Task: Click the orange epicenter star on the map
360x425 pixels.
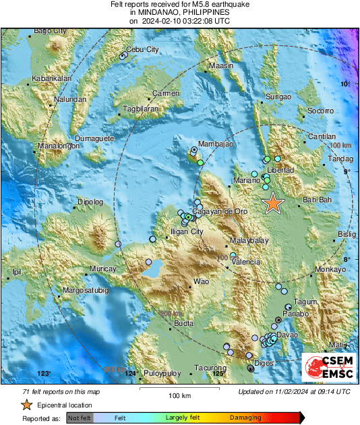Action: (272, 203)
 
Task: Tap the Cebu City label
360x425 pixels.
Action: (143, 50)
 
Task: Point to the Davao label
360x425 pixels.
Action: (288, 335)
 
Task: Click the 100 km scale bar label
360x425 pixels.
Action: (177, 395)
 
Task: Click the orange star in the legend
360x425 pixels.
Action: (26, 405)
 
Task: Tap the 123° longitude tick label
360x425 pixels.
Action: (44, 373)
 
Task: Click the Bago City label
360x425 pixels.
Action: (50, 31)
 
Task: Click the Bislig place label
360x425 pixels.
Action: (346, 233)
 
